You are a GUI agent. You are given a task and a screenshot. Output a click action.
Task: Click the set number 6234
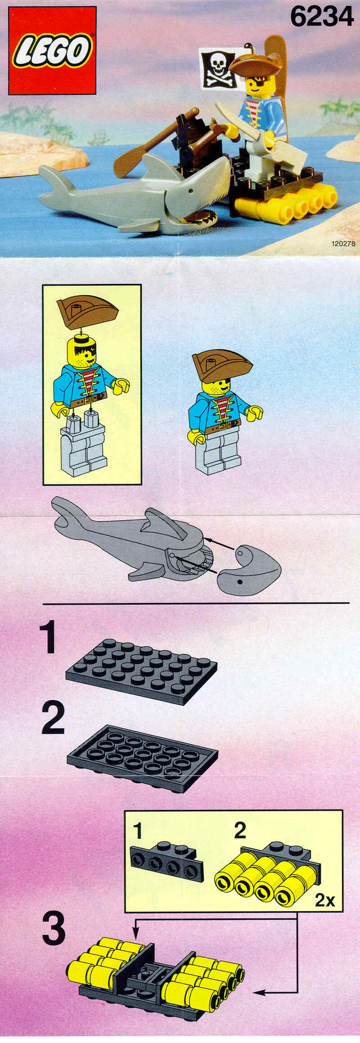pos(322,17)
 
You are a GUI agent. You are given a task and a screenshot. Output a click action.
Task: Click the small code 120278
pos(343,243)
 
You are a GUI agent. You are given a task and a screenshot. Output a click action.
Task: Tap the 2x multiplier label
pos(325,899)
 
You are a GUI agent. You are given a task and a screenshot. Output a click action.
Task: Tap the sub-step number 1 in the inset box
pos(138,831)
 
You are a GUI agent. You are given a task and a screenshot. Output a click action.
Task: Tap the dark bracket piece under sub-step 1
pos(166,860)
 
